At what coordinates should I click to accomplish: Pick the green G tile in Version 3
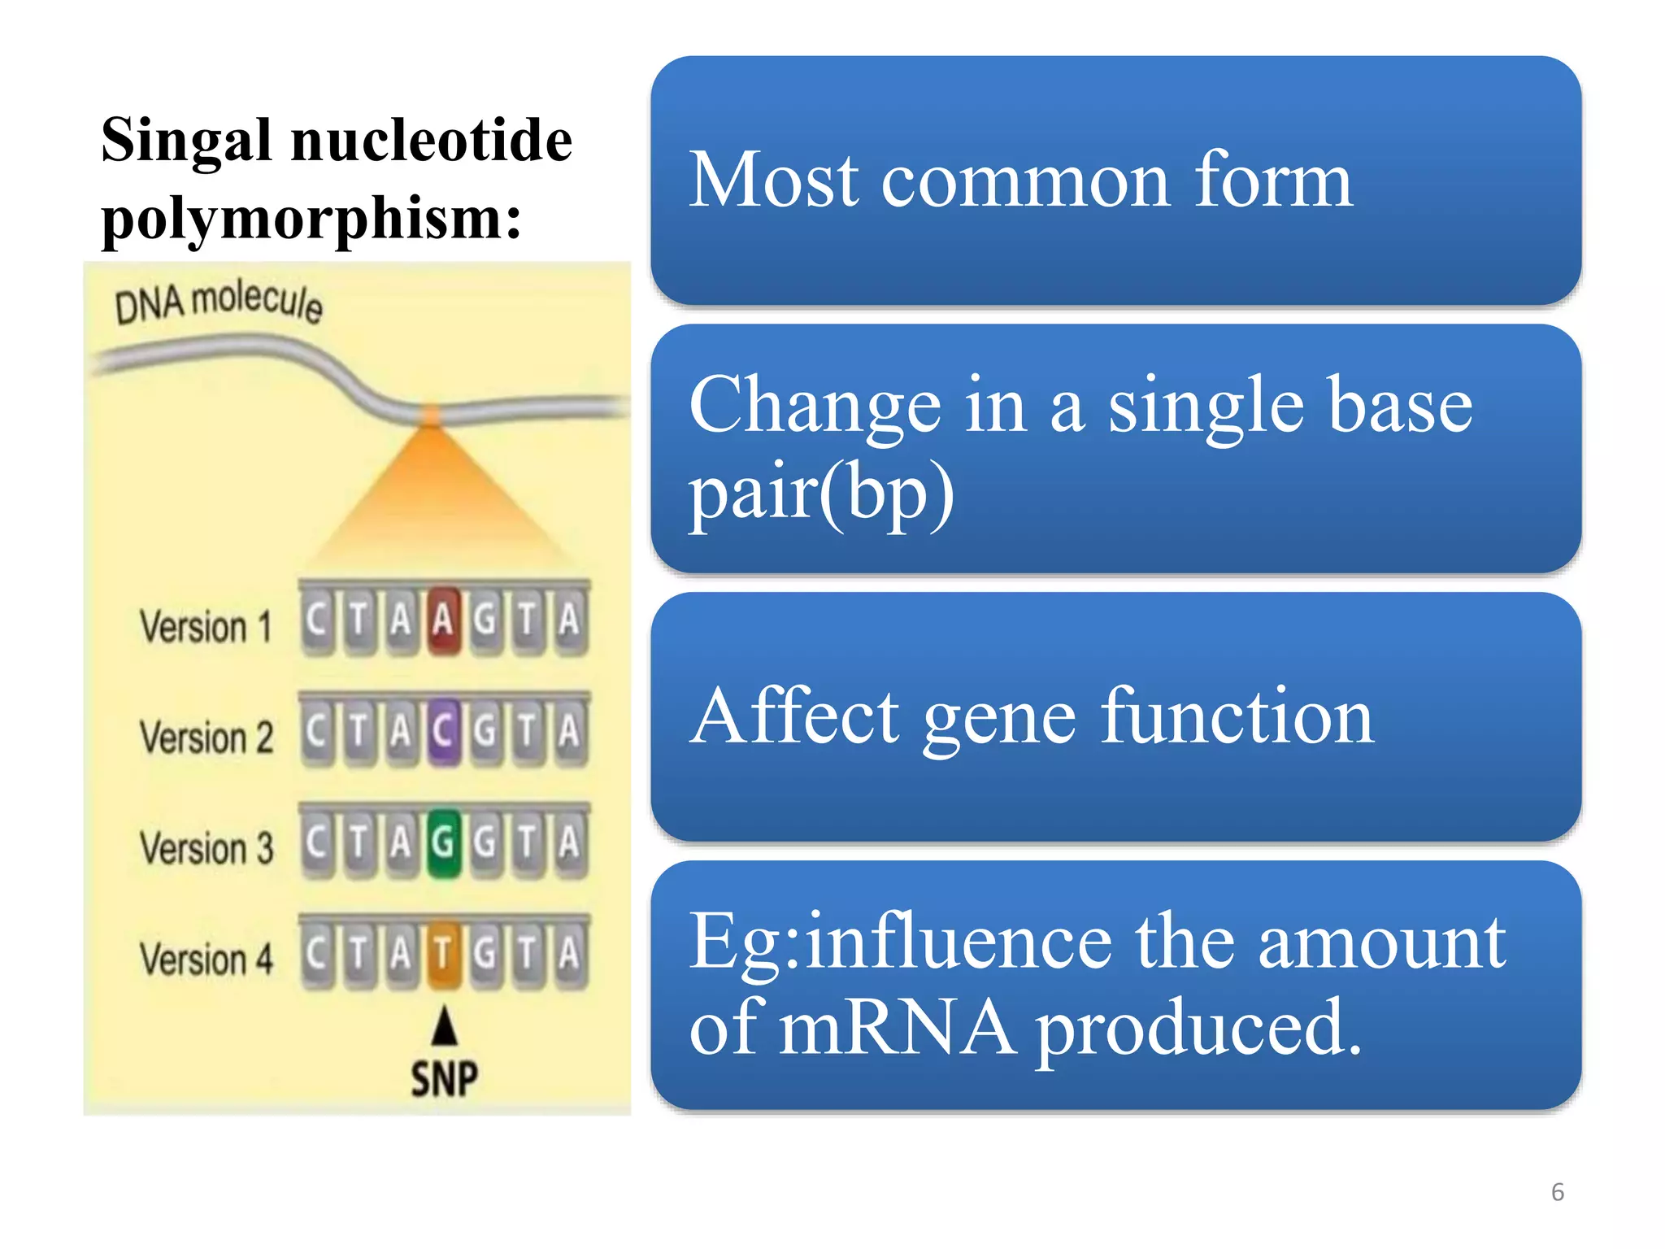point(442,843)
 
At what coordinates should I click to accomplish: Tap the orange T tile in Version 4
point(442,954)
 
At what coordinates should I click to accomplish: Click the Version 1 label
point(205,627)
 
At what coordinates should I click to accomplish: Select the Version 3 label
point(206,848)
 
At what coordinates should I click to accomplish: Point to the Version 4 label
point(206,959)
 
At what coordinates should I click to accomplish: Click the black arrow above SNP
point(444,1026)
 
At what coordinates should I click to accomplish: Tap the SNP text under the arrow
point(444,1080)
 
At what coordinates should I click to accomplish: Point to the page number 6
point(1557,1192)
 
